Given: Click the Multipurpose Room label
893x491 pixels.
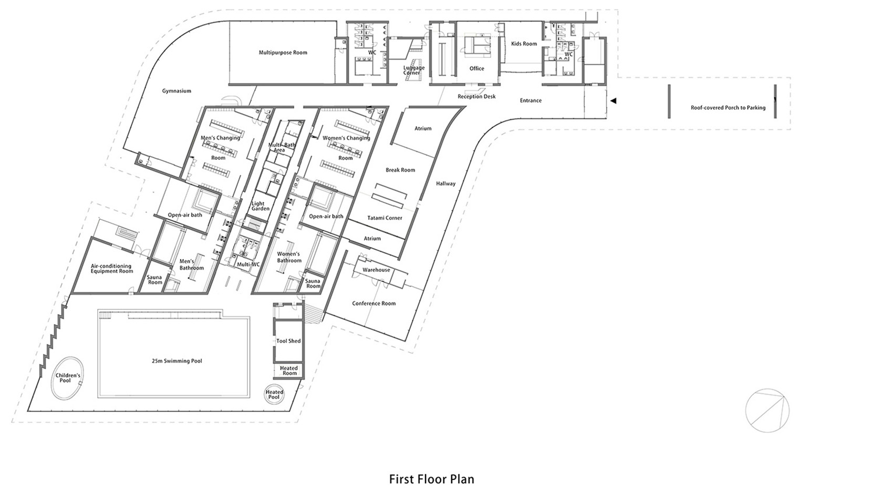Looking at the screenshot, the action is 283,53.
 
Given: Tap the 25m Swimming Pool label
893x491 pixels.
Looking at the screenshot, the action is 177,361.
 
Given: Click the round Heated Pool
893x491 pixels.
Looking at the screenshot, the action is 274,394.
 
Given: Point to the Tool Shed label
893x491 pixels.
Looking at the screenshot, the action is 288,341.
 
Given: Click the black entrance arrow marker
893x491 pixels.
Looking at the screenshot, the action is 614,101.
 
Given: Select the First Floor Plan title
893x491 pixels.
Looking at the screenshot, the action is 432,479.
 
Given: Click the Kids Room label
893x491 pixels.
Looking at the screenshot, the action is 524,44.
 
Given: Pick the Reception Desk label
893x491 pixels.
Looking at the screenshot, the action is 477,97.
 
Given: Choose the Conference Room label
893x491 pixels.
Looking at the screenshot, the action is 374,303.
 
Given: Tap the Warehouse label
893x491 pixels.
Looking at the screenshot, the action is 376,270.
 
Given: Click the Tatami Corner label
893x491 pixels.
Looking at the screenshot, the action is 385,218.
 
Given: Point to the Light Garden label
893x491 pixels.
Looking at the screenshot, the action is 261,206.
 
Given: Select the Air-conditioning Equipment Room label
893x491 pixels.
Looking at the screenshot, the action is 112,269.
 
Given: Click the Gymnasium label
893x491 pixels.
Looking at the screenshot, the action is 176,91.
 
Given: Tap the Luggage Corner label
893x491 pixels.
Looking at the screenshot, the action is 414,70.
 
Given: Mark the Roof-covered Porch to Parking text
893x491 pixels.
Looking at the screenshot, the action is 729,108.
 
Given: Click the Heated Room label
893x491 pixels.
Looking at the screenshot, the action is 289,371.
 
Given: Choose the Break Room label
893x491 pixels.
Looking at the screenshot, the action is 401,170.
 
